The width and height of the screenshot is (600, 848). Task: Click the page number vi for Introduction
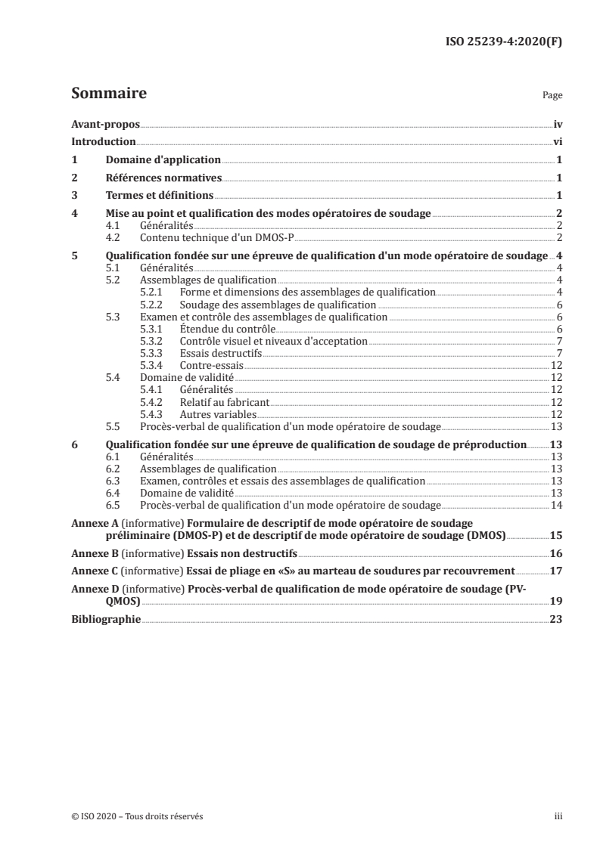556,141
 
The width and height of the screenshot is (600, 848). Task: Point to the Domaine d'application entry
163,160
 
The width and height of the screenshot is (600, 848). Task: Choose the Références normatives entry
164,178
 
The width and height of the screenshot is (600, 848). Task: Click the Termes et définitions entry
158,197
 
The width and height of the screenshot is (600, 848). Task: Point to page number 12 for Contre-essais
555,364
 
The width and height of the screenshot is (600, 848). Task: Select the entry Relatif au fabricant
225,401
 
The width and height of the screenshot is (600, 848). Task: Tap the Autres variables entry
218,413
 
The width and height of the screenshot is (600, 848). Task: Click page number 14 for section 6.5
555,505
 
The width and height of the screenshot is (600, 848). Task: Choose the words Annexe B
92,552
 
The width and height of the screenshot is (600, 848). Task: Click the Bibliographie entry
106,619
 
